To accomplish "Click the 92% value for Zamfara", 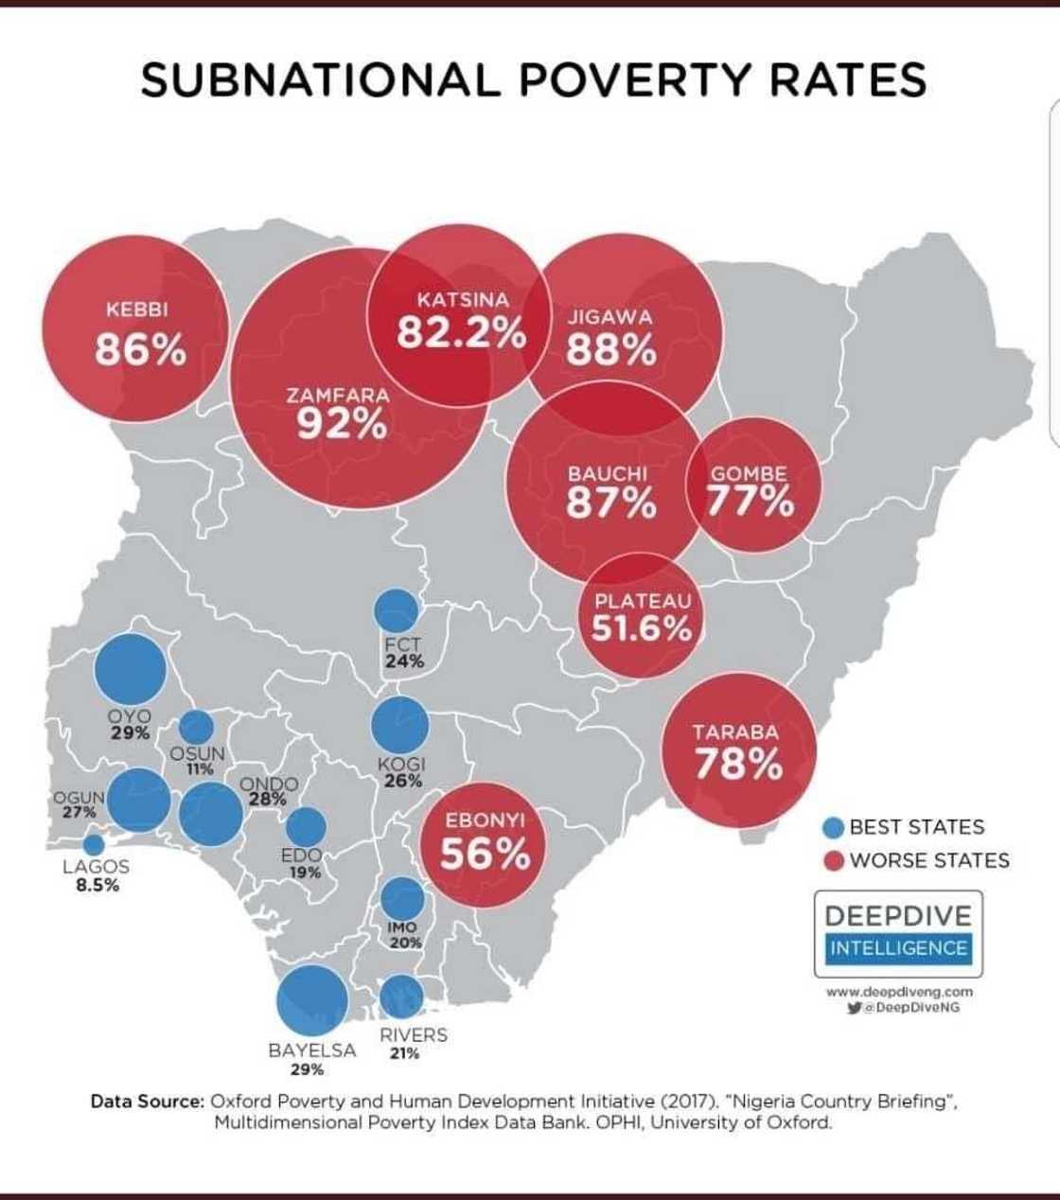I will point(342,426).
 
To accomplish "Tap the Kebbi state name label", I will point(138,309).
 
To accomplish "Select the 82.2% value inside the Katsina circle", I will point(461,333).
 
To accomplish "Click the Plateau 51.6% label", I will point(643,616).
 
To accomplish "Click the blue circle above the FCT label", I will point(396,610).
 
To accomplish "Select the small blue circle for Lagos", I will point(94,844).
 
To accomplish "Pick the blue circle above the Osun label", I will point(197,727).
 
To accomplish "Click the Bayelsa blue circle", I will point(312,1001).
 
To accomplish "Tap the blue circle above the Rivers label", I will point(401,997).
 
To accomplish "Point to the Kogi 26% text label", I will point(402,772).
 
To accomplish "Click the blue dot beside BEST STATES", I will point(833,828).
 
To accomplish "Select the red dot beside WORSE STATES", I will point(833,861).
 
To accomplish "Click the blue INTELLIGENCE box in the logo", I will point(898,948).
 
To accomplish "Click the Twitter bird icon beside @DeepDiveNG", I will point(855,1009).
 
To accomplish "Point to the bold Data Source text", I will point(147,1102).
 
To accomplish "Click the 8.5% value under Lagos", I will point(97,886).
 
